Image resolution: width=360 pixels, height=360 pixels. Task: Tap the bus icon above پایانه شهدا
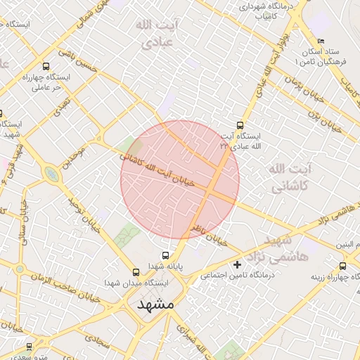click(x=165, y=256)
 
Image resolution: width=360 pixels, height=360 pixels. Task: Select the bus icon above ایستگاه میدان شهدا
click(x=136, y=271)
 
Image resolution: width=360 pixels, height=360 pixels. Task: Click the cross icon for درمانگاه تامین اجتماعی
click(x=237, y=265)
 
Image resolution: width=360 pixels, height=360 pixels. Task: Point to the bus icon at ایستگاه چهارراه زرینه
click(x=342, y=266)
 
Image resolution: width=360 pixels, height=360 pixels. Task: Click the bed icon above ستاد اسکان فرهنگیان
click(x=321, y=41)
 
